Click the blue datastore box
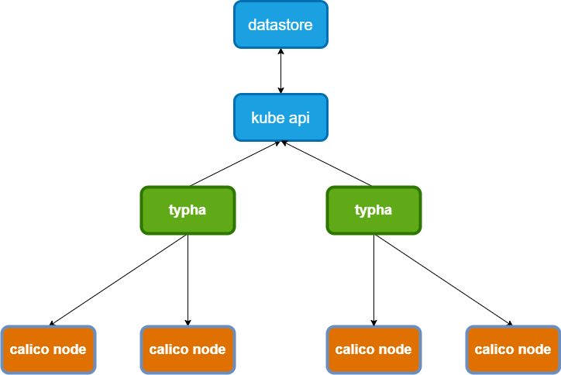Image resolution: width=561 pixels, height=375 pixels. point(280,25)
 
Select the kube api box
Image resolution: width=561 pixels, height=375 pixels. point(280,118)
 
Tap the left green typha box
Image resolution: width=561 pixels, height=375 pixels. point(188,210)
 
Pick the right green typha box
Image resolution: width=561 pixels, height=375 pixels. point(373,210)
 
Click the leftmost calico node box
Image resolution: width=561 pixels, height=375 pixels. point(48,349)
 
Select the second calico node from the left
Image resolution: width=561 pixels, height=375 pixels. point(188,349)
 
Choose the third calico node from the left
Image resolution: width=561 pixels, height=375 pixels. point(373,349)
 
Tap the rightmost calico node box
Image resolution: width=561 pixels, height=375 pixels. point(513,349)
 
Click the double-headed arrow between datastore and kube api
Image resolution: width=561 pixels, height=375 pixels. point(280,71)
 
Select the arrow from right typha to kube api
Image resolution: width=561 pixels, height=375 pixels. point(328,164)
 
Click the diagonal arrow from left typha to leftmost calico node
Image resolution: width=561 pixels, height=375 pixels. point(118,280)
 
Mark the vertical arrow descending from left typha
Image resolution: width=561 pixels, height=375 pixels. point(188,280)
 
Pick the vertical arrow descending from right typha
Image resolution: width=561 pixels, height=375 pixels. point(373,280)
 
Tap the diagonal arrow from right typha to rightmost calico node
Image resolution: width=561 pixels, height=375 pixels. point(443,280)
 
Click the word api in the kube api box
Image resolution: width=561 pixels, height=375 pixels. point(299,119)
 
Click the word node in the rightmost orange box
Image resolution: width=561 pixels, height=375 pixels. point(535,349)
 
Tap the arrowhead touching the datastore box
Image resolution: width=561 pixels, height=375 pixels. point(280,52)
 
